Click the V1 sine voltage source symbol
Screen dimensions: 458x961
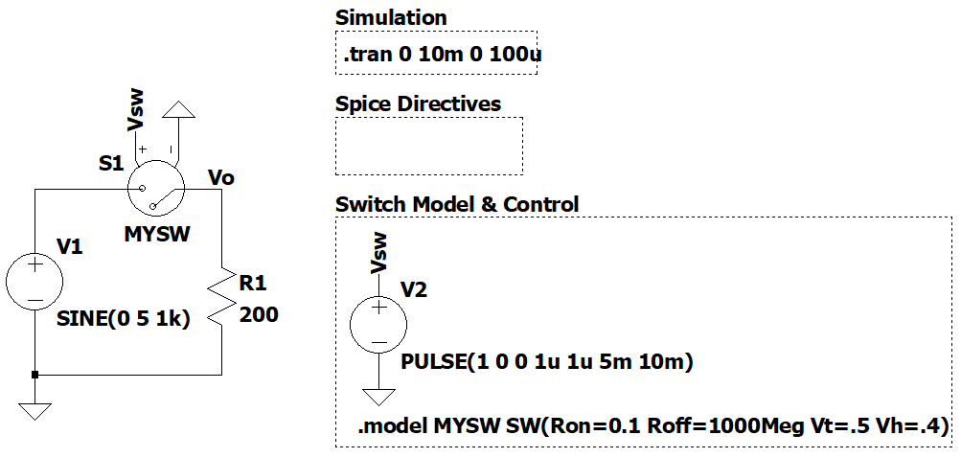click(x=34, y=282)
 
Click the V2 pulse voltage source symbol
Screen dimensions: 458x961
click(x=379, y=324)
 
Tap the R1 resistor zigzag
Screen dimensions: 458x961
click(x=221, y=299)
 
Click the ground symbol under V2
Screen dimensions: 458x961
click(x=379, y=398)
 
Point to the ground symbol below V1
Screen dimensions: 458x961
click(x=34, y=411)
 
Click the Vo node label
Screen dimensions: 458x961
click(x=221, y=177)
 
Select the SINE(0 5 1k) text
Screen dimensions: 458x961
click(x=124, y=319)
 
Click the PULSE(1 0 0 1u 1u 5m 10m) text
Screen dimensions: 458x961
click(x=547, y=362)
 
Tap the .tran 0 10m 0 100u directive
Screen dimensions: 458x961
click(x=443, y=57)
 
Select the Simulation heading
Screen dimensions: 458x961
click(x=391, y=17)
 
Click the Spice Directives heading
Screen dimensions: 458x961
click(x=418, y=103)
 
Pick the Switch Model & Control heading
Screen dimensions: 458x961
click(x=457, y=204)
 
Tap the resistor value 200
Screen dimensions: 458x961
click(x=259, y=314)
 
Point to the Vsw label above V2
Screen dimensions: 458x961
click(x=379, y=253)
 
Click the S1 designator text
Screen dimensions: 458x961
click(x=112, y=164)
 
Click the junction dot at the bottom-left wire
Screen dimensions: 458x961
click(x=34, y=375)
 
